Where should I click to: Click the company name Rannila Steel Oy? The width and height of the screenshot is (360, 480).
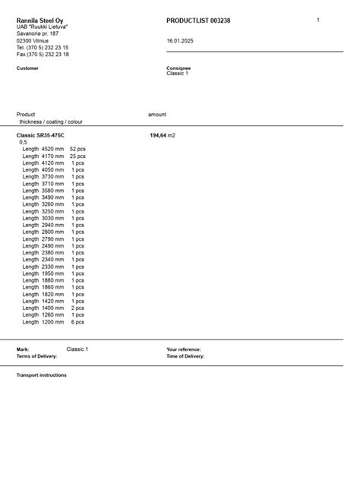pos(39,21)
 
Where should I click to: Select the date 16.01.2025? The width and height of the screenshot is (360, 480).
pos(180,41)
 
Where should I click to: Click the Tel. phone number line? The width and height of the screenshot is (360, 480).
pos(43,48)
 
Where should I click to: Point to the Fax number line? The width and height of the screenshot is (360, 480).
pos(43,55)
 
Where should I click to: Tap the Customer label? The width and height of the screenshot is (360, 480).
pos(27,68)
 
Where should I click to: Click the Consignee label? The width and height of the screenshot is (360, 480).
pos(178,68)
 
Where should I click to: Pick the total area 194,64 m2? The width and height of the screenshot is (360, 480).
pos(163,134)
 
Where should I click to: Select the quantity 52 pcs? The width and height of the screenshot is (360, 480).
pos(77,149)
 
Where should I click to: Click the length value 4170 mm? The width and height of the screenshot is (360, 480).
pos(52,156)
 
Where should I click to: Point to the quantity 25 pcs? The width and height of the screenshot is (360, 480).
pos(77,156)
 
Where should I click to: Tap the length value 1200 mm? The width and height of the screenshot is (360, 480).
pos(52,322)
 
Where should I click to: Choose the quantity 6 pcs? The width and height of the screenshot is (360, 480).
pos(77,322)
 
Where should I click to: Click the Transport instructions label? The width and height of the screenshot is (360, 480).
pos(42,375)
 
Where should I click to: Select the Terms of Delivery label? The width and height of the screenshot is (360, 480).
pos(37,355)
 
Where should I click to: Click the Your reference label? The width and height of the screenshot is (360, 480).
pos(184,349)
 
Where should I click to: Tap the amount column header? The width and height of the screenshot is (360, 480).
pos(157,115)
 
